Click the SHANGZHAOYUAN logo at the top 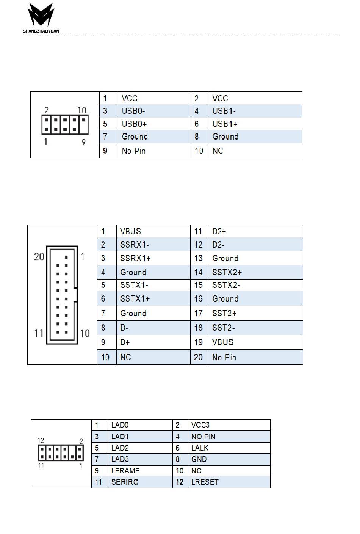[41, 18]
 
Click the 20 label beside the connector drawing [39, 257]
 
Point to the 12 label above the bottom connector [41, 441]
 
